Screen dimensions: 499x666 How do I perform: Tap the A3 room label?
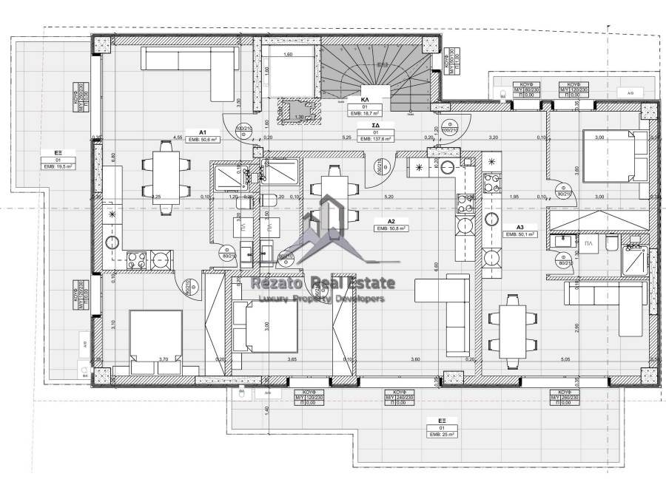tap(520, 226)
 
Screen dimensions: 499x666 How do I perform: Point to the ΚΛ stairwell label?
tap(365, 98)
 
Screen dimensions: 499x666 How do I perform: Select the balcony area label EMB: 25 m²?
tap(444, 435)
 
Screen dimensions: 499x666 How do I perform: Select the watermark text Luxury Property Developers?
tap(320, 299)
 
